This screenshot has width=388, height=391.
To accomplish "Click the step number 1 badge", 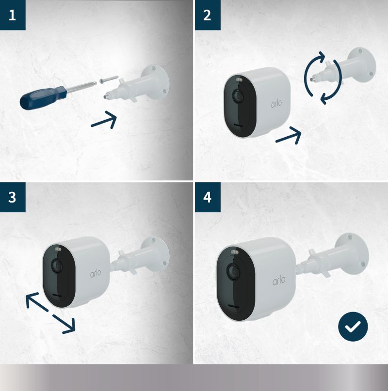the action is pos(13,15).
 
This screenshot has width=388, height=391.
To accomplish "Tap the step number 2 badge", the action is pos(208,15).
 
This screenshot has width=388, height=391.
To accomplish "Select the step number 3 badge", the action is pos(13,197).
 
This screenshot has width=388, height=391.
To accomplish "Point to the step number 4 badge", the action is pos(208,197).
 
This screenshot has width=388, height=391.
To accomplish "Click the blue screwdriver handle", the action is pos(43,97).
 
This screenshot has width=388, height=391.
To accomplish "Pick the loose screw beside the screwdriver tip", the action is pos(109,79).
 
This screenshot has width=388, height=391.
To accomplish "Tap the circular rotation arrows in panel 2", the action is pos(323,78).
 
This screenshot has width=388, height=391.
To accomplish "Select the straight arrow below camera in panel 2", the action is pos(289,135).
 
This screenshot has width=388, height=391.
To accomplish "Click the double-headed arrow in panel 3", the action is pos(50,313).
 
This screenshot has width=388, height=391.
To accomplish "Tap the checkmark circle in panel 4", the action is pos(353,327).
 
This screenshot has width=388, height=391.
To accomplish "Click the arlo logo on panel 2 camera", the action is pos(276,104).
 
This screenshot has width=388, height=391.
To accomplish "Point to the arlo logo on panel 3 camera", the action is pos(96,273).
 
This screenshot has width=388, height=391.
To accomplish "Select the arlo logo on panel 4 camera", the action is pos(279,280).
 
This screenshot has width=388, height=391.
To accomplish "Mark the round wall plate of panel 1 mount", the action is pos(155,82).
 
